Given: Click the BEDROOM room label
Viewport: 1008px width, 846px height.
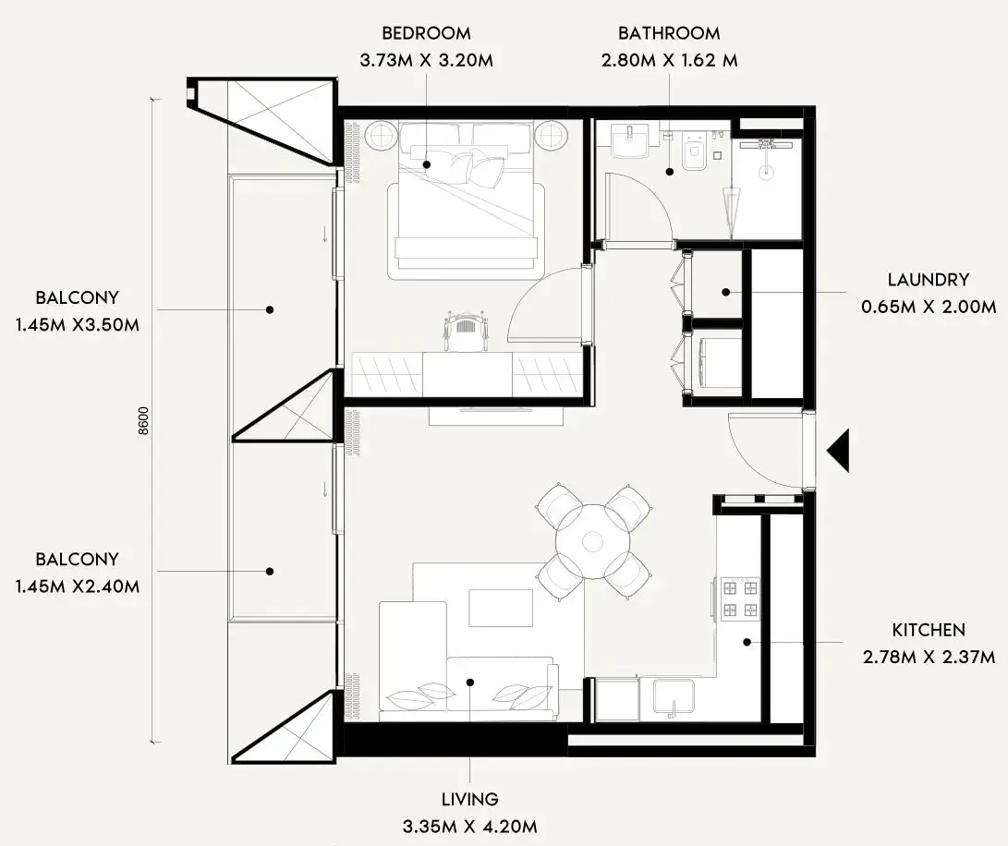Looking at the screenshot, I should [426, 34].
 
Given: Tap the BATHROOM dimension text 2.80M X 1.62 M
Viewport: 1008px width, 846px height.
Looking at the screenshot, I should [669, 62].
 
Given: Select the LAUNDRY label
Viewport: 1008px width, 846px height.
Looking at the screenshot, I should [928, 280].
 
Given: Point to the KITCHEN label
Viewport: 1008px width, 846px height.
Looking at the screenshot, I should [928, 631].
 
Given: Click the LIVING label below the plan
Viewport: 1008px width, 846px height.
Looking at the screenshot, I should [469, 800].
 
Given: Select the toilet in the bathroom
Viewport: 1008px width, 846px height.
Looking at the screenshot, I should [693, 152].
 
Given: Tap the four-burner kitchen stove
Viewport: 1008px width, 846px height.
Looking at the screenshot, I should [739, 598].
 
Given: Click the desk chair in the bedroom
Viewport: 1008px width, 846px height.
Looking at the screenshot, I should [465, 330].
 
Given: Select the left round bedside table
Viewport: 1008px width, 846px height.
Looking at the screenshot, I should [381, 137].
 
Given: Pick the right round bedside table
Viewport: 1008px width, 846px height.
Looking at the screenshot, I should [552, 137].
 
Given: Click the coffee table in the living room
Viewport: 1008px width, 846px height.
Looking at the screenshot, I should [500, 608].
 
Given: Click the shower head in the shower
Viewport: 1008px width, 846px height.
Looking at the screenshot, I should [766, 146].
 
